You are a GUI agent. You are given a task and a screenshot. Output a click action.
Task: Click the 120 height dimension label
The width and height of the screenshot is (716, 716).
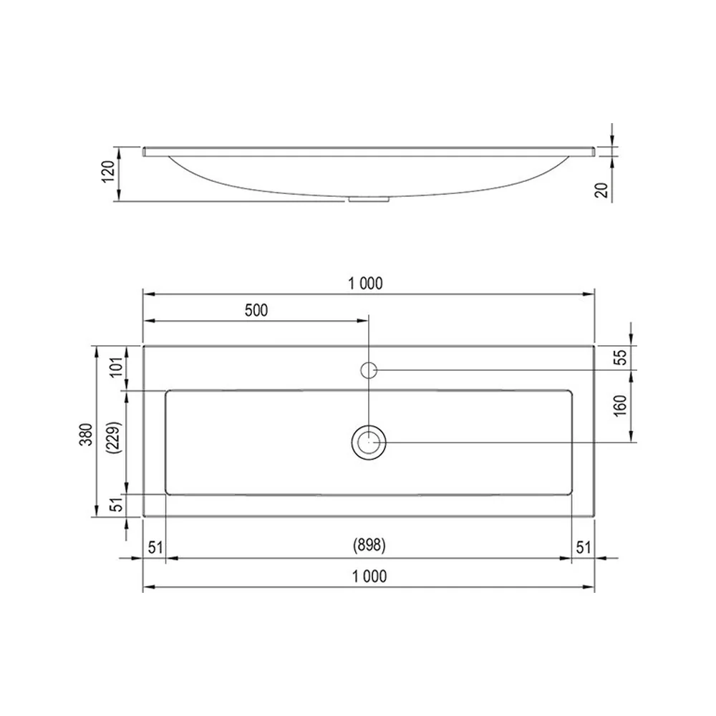click(109, 172)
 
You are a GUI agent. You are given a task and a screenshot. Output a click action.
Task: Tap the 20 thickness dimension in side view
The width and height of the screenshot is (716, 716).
click(602, 190)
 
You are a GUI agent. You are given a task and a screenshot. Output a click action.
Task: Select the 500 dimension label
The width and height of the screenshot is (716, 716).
click(256, 311)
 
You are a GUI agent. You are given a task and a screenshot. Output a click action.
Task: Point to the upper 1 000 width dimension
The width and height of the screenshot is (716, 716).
click(365, 284)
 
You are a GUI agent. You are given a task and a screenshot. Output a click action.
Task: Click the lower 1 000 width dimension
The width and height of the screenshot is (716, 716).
click(369, 576)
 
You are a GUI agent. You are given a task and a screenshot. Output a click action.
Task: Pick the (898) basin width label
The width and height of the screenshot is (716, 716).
click(369, 545)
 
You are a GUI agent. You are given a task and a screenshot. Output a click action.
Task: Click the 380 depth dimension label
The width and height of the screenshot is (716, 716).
click(87, 435)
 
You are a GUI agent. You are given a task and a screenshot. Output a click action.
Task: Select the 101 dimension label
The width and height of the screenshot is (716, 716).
click(117, 367)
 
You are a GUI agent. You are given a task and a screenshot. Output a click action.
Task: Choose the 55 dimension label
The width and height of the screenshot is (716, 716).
click(621, 357)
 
